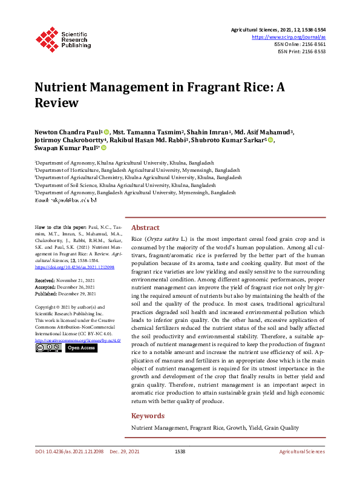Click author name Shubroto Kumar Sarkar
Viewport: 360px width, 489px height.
coord(227,140)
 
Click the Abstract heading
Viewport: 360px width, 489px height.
coord(145,228)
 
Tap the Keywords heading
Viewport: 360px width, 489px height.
coord(148,416)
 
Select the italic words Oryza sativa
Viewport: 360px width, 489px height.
coord(166,239)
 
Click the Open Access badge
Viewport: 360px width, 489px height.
coord(80,348)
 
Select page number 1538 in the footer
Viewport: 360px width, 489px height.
coord(180,451)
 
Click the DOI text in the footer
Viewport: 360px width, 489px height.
coord(68,451)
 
